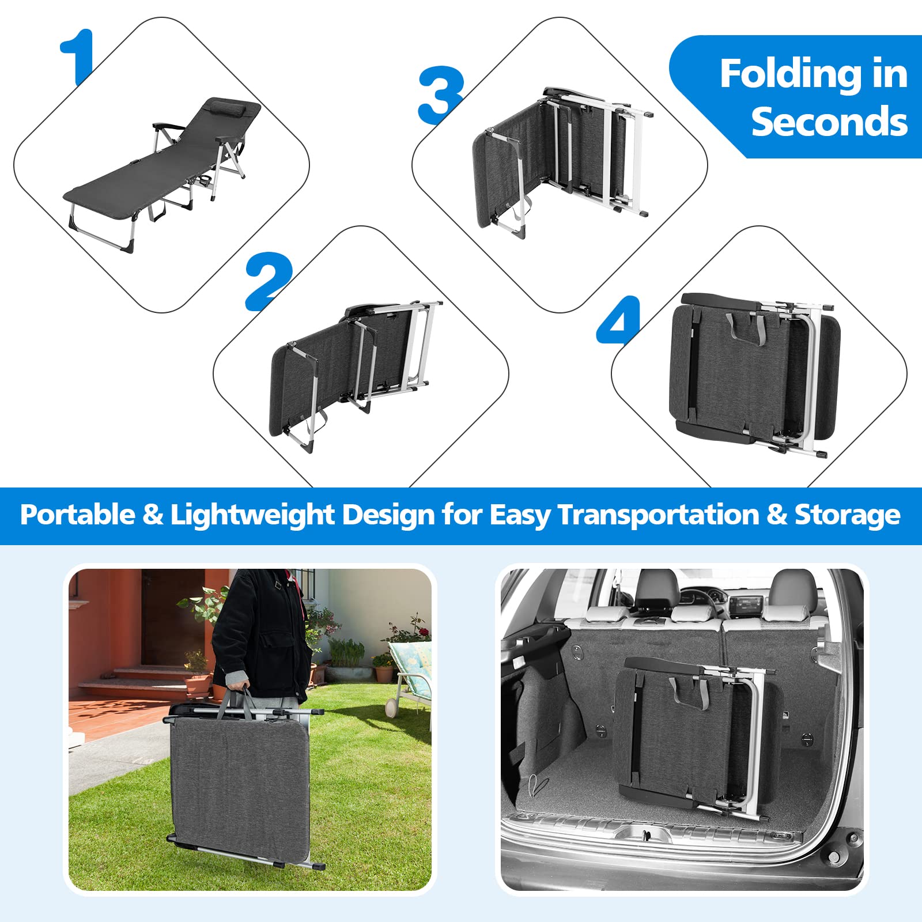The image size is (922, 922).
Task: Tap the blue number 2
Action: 269,281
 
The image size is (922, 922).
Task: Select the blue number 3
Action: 441,95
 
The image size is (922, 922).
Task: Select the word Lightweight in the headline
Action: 252,515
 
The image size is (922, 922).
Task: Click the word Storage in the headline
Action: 848,515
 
